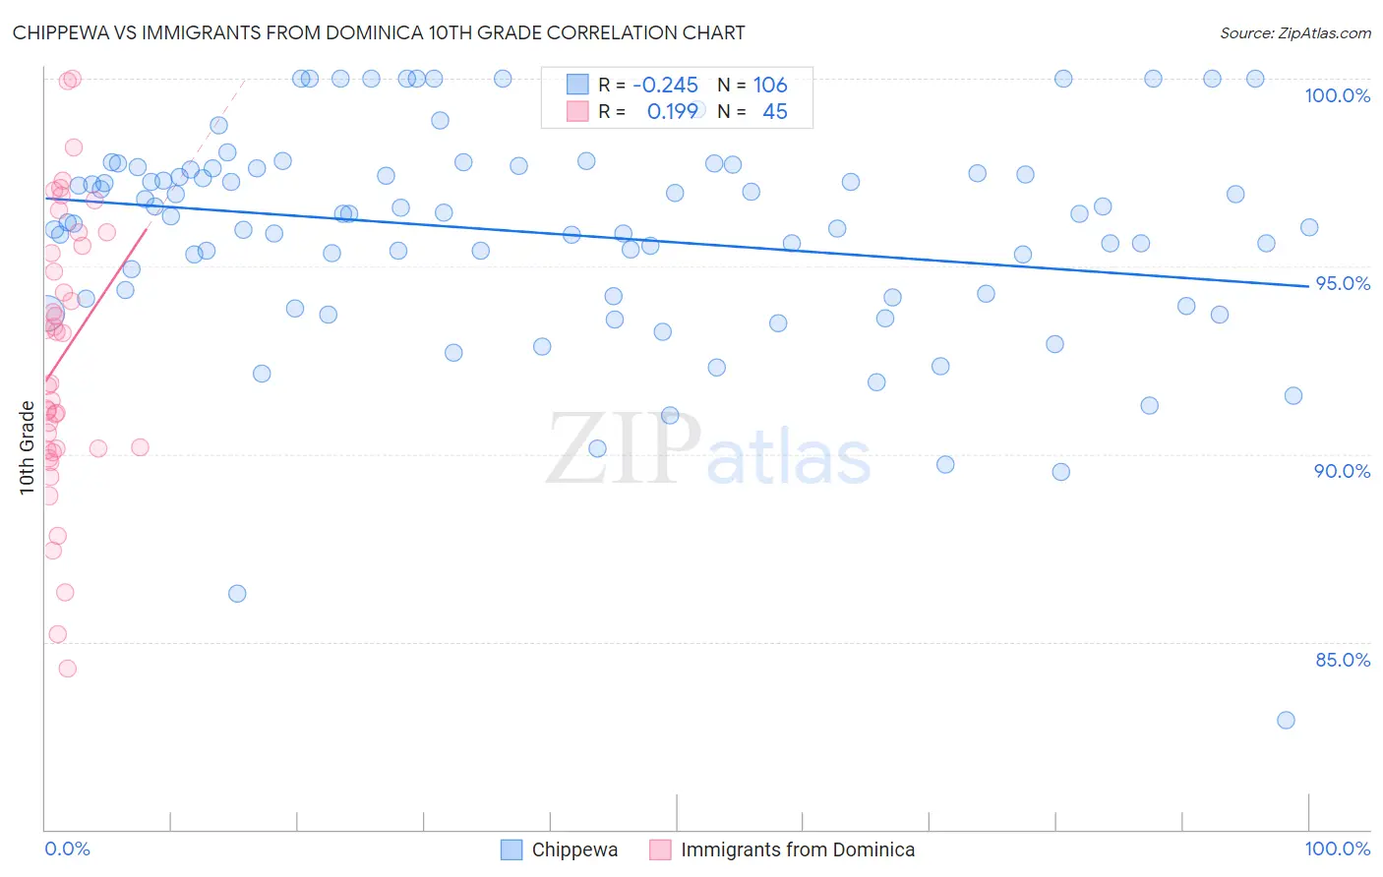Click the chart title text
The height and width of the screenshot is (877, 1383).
point(379,32)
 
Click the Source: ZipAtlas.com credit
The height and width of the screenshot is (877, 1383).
point(1294,32)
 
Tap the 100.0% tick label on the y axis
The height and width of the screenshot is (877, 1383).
point(1337,95)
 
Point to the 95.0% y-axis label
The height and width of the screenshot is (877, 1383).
point(1342,283)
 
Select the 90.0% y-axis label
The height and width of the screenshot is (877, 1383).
point(1342,471)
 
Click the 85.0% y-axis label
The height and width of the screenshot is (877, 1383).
point(1342,660)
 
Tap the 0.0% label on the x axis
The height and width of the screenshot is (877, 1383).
point(67,848)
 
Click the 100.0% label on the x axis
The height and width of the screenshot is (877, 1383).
point(1337,848)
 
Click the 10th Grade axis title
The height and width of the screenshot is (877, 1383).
point(27,447)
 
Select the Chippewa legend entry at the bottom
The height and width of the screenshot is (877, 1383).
point(574,849)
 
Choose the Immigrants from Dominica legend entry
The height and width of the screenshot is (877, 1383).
point(797,849)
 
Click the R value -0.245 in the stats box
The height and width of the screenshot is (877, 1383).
point(665,86)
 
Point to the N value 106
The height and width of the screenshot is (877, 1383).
point(770,86)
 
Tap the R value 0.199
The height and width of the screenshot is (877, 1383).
point(672,112)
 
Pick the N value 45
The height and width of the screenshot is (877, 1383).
point(775,112)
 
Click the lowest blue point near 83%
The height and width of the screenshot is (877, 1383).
point(1286,721)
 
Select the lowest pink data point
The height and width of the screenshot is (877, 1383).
point(67,669)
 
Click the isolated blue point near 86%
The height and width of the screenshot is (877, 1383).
point(237,594)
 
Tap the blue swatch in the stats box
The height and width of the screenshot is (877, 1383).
point(577,86)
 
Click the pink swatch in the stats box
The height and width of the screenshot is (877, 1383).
point(577,112)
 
